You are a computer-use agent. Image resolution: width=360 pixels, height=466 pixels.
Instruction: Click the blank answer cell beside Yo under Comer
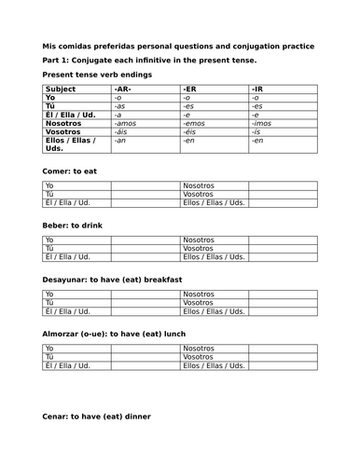point(145,186)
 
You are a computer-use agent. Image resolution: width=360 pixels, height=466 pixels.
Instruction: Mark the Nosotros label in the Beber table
point(200,240)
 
